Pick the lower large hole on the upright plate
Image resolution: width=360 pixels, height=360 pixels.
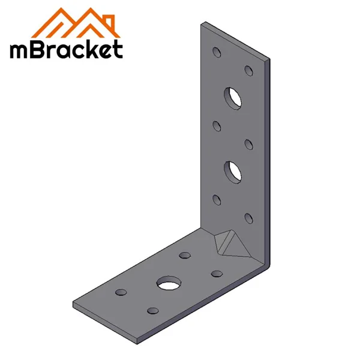(232, 170)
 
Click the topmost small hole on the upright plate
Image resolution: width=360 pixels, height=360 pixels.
(217, 52)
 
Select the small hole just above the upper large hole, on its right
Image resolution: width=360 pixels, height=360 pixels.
(248, 70)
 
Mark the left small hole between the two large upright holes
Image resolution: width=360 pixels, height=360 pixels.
(217, 125)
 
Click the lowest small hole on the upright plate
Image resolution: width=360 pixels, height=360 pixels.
(248, 217)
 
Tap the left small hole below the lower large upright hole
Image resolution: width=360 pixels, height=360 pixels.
(217, 199)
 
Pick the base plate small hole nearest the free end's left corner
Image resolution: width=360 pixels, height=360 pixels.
(121, 292)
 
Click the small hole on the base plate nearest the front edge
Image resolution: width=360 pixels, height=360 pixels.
(152, 310)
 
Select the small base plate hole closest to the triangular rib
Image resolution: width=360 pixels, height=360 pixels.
(215, 274)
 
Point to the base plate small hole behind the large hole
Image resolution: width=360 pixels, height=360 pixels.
(184, 256)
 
